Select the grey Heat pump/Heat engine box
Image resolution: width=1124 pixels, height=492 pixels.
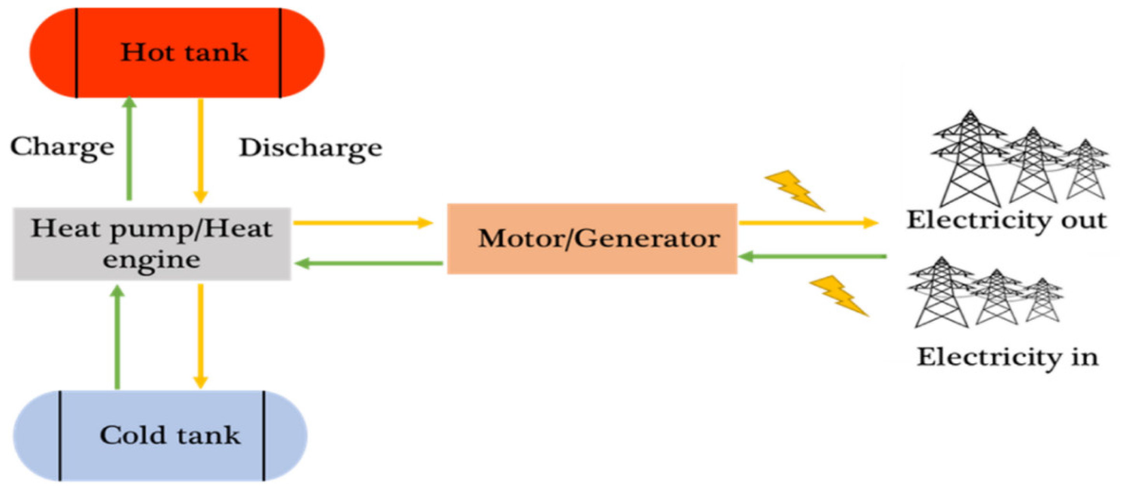click(152, 243)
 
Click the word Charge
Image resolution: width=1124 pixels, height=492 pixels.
click(62, 147)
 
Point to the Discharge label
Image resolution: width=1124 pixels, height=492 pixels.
click(311, 148)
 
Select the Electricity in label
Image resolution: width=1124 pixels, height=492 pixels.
click(1007, 357)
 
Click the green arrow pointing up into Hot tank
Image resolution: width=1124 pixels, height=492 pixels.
click(129, 149)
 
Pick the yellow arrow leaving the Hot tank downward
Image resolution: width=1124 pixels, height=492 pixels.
click(200, 151)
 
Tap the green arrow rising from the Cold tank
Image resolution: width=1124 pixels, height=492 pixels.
click(117, 336)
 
